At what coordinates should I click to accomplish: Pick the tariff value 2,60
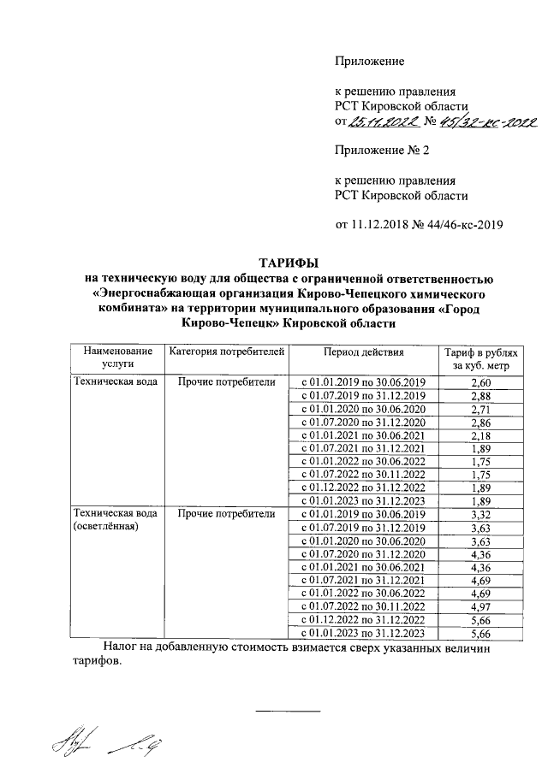pos(480,381)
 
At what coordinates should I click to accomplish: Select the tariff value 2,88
pos(480,395)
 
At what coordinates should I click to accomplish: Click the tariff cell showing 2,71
pos(480,410)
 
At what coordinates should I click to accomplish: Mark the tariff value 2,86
pos(480,423)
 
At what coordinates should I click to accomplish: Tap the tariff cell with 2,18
pos(480,437)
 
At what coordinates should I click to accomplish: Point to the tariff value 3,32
pos(480,514)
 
